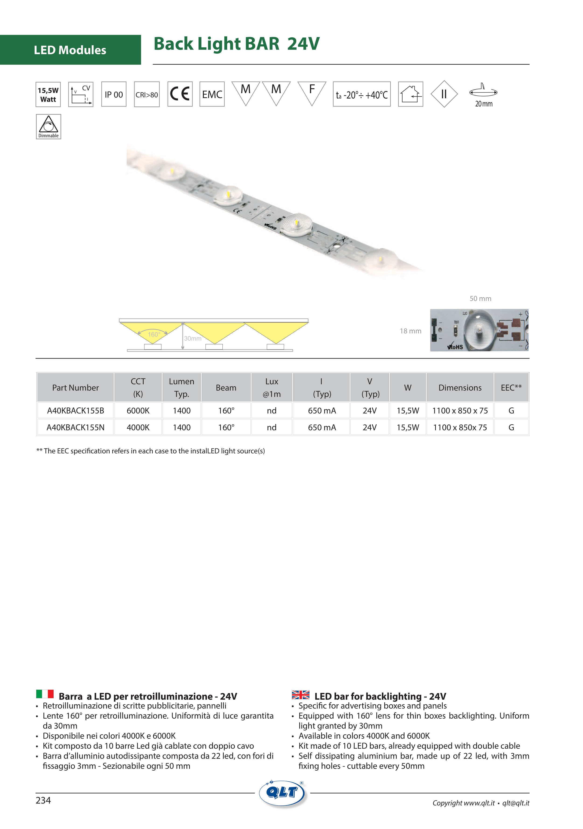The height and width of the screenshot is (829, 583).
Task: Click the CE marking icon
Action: [x=180, y=94]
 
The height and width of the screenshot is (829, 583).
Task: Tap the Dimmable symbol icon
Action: [x=48, y=127]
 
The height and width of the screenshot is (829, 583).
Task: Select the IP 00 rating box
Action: [x=114, y=94]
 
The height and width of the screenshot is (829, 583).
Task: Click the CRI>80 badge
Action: [x=146, y=94]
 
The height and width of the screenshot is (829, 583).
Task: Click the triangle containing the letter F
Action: [x=312, y=93]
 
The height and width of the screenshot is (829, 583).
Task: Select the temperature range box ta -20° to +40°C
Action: [x=361, y=94]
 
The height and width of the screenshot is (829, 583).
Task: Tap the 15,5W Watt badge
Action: [x=48, y=95]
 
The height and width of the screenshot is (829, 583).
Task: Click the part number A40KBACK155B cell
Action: [x=75, y=410]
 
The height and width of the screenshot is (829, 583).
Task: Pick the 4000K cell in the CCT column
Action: [x=138, y=427]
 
